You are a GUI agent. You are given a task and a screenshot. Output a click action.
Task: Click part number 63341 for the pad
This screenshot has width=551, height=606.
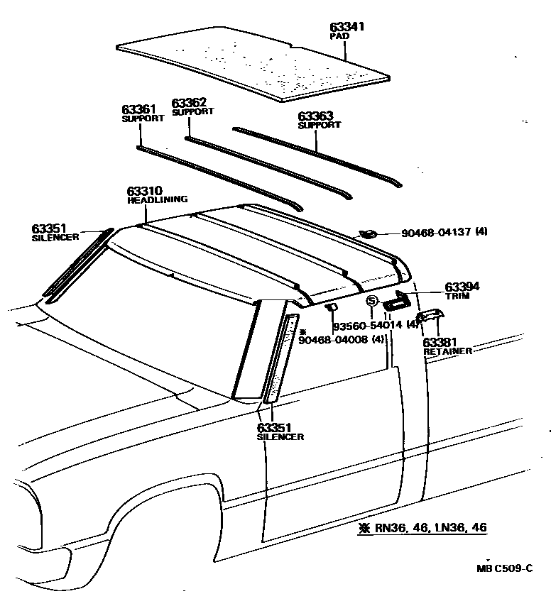pyautogui.click(x=347, y=27)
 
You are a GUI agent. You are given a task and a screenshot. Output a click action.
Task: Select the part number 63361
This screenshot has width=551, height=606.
pyautogui.click(x=138, y=109)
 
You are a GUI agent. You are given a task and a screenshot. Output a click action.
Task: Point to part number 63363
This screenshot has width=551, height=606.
pyautogui.click(x=315, y=116)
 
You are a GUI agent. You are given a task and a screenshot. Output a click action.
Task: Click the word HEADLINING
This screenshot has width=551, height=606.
pyautogui.click(x=158, y=200)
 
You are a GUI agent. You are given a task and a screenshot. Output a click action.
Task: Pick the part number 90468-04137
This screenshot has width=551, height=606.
pyautogui.click(x=436, y=233)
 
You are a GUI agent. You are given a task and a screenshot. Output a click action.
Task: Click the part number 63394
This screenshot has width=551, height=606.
pyautogui.click(x=462, y=287)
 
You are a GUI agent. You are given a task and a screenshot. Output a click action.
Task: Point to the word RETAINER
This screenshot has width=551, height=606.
pyautogui.click(x=447, y=351)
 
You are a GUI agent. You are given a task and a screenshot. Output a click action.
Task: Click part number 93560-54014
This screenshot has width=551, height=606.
pyautogui.click(x=368, y=325)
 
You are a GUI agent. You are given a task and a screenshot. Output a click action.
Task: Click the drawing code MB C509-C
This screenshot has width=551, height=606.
pyautogui.click(x=504, y=568)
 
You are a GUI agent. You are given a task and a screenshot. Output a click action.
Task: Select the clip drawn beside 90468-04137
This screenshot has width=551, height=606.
pyautogui.click(x=368, y=234)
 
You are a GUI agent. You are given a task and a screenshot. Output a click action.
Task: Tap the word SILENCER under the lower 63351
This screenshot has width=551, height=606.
pyautogui.click(x=280, y=436)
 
